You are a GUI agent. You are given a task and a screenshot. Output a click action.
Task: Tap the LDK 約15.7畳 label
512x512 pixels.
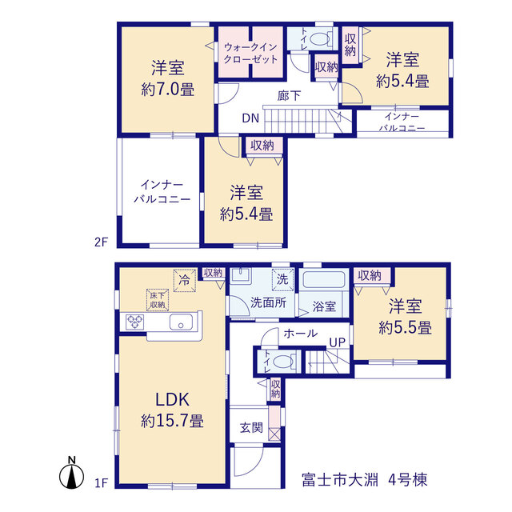[x=173, y=410]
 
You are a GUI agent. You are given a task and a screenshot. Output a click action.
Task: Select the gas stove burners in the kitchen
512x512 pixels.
[x=135, y=322]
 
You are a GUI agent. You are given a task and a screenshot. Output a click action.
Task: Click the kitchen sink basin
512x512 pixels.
[x=181, y=322]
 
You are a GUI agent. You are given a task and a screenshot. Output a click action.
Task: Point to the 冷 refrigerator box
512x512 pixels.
[x=185, y=280]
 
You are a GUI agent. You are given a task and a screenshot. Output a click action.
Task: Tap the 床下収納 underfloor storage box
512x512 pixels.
[x=158, y=300]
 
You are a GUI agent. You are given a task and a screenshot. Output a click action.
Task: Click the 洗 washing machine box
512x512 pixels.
[x=282, y=279]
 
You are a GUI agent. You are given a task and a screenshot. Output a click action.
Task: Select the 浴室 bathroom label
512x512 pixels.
[x=324, y=306]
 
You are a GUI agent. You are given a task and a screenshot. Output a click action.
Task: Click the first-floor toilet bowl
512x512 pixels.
[x=282, y=362]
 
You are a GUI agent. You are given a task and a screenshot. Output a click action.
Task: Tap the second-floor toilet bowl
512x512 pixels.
[x=319, y=39]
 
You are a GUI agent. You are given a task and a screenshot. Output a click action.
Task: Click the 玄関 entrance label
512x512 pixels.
[x=251, y=427]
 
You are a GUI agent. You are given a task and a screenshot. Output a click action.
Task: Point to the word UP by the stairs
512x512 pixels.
[x=338, y=342]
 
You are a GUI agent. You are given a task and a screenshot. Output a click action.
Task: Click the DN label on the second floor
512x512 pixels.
[x=250, y=118]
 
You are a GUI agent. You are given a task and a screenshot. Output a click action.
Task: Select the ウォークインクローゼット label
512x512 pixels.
[x=250, y=54]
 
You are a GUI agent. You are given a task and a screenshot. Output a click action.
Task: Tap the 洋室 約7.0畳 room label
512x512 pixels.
[x=168, y=78]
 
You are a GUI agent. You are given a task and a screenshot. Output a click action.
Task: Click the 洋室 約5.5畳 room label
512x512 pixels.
[x=406, y=317]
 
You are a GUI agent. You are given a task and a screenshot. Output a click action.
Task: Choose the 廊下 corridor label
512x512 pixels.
[x=289, y=96]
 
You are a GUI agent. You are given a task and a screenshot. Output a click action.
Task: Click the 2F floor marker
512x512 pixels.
[x=101, y=242]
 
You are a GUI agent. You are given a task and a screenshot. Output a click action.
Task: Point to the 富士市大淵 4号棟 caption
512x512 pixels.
[x=365, y=480]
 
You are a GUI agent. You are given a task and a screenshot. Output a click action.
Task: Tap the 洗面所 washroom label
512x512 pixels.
[x=269, y=302]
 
